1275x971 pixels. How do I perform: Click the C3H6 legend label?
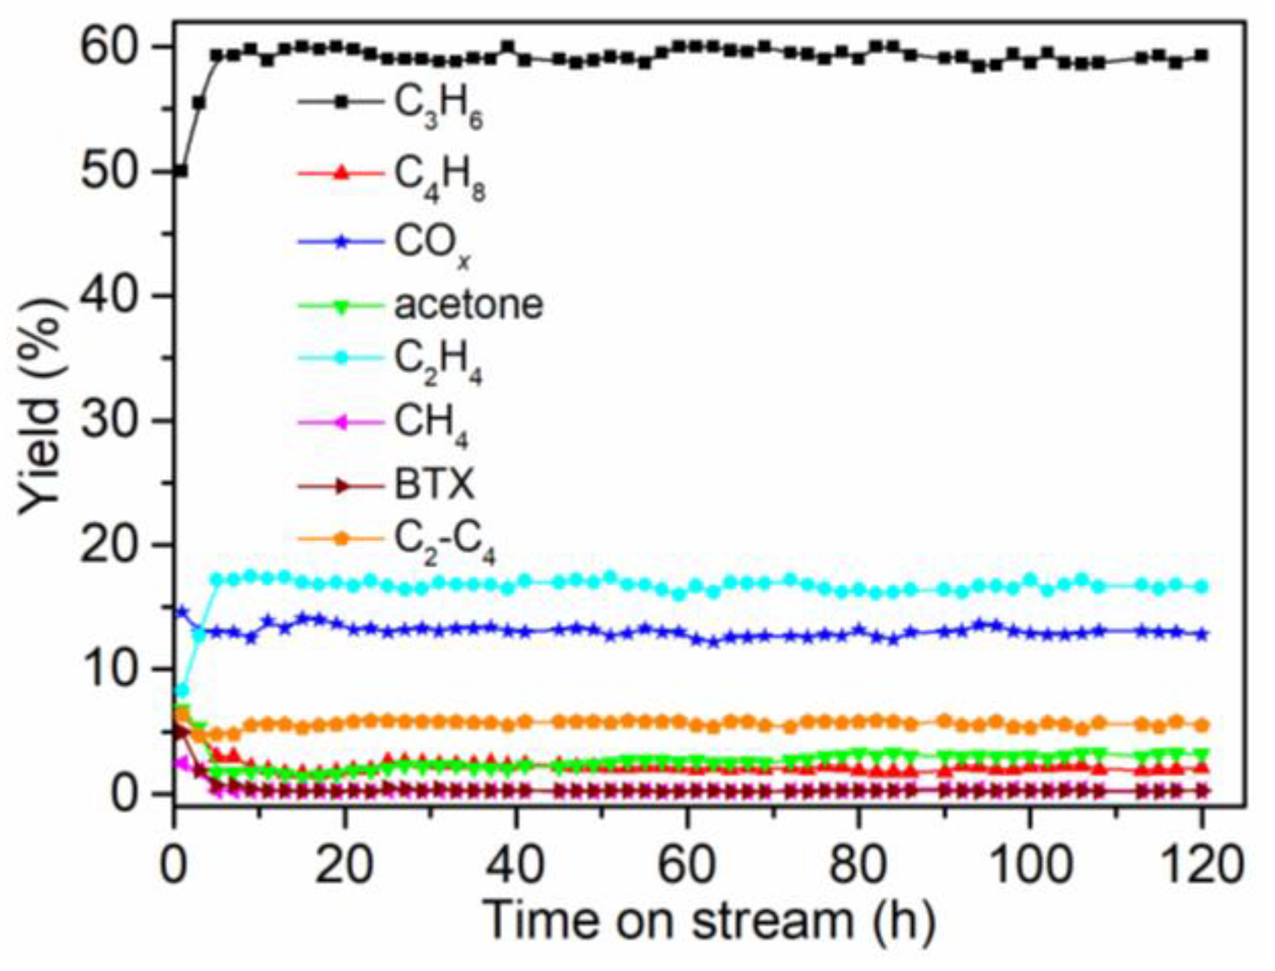coord(438,107)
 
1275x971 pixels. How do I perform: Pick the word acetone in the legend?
coord(468,305)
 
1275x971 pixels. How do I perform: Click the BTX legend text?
coord(434,484)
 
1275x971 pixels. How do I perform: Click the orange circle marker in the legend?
coord(342,539)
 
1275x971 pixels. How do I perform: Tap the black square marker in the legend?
coord(342,102)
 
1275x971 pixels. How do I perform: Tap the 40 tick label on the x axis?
coord(517,864)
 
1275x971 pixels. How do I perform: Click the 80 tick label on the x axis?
coord(859,864)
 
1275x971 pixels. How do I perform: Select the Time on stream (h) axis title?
coord(709,921)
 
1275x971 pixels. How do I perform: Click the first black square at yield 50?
coord(181,171)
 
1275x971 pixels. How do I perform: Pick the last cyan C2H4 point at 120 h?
coord(1202,587)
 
